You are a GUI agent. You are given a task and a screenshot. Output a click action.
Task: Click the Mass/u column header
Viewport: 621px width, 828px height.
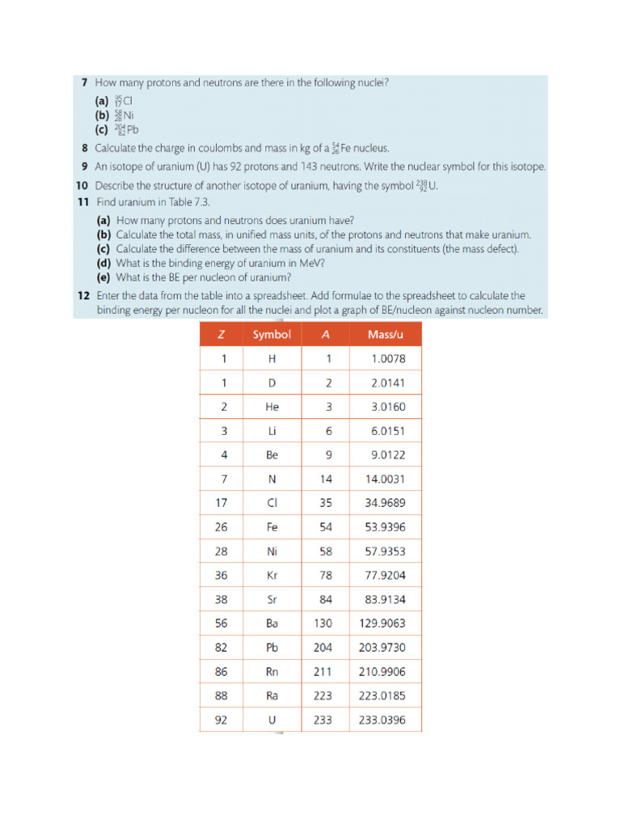point(385,334)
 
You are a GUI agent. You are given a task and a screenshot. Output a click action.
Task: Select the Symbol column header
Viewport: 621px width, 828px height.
point(272,334)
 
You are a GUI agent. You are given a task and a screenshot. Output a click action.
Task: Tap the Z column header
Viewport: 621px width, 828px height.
point(222,334)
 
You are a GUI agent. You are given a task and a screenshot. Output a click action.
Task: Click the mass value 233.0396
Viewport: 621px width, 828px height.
point(385,720)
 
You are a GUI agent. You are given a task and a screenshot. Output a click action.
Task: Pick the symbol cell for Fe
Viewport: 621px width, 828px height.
point(272,527)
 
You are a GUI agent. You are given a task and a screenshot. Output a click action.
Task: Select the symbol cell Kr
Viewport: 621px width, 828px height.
point(272,576)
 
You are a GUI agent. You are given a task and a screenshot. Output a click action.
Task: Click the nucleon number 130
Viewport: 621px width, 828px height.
point(323,623)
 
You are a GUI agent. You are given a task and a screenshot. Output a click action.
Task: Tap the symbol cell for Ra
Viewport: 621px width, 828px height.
point(272,695)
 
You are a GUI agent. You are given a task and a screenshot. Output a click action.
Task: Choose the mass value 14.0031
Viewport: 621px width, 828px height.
point(385,479)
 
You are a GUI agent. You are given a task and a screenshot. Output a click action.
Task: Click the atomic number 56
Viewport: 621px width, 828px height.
point(222,623)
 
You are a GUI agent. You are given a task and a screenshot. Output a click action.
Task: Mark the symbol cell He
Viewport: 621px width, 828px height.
point(272,407)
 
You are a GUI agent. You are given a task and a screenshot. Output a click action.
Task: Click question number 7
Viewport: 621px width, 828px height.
point(84,82)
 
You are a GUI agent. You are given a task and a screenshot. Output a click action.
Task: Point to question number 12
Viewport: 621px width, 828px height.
point(82,296)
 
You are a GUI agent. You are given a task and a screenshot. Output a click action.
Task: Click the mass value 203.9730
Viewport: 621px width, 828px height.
point(385,648)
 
